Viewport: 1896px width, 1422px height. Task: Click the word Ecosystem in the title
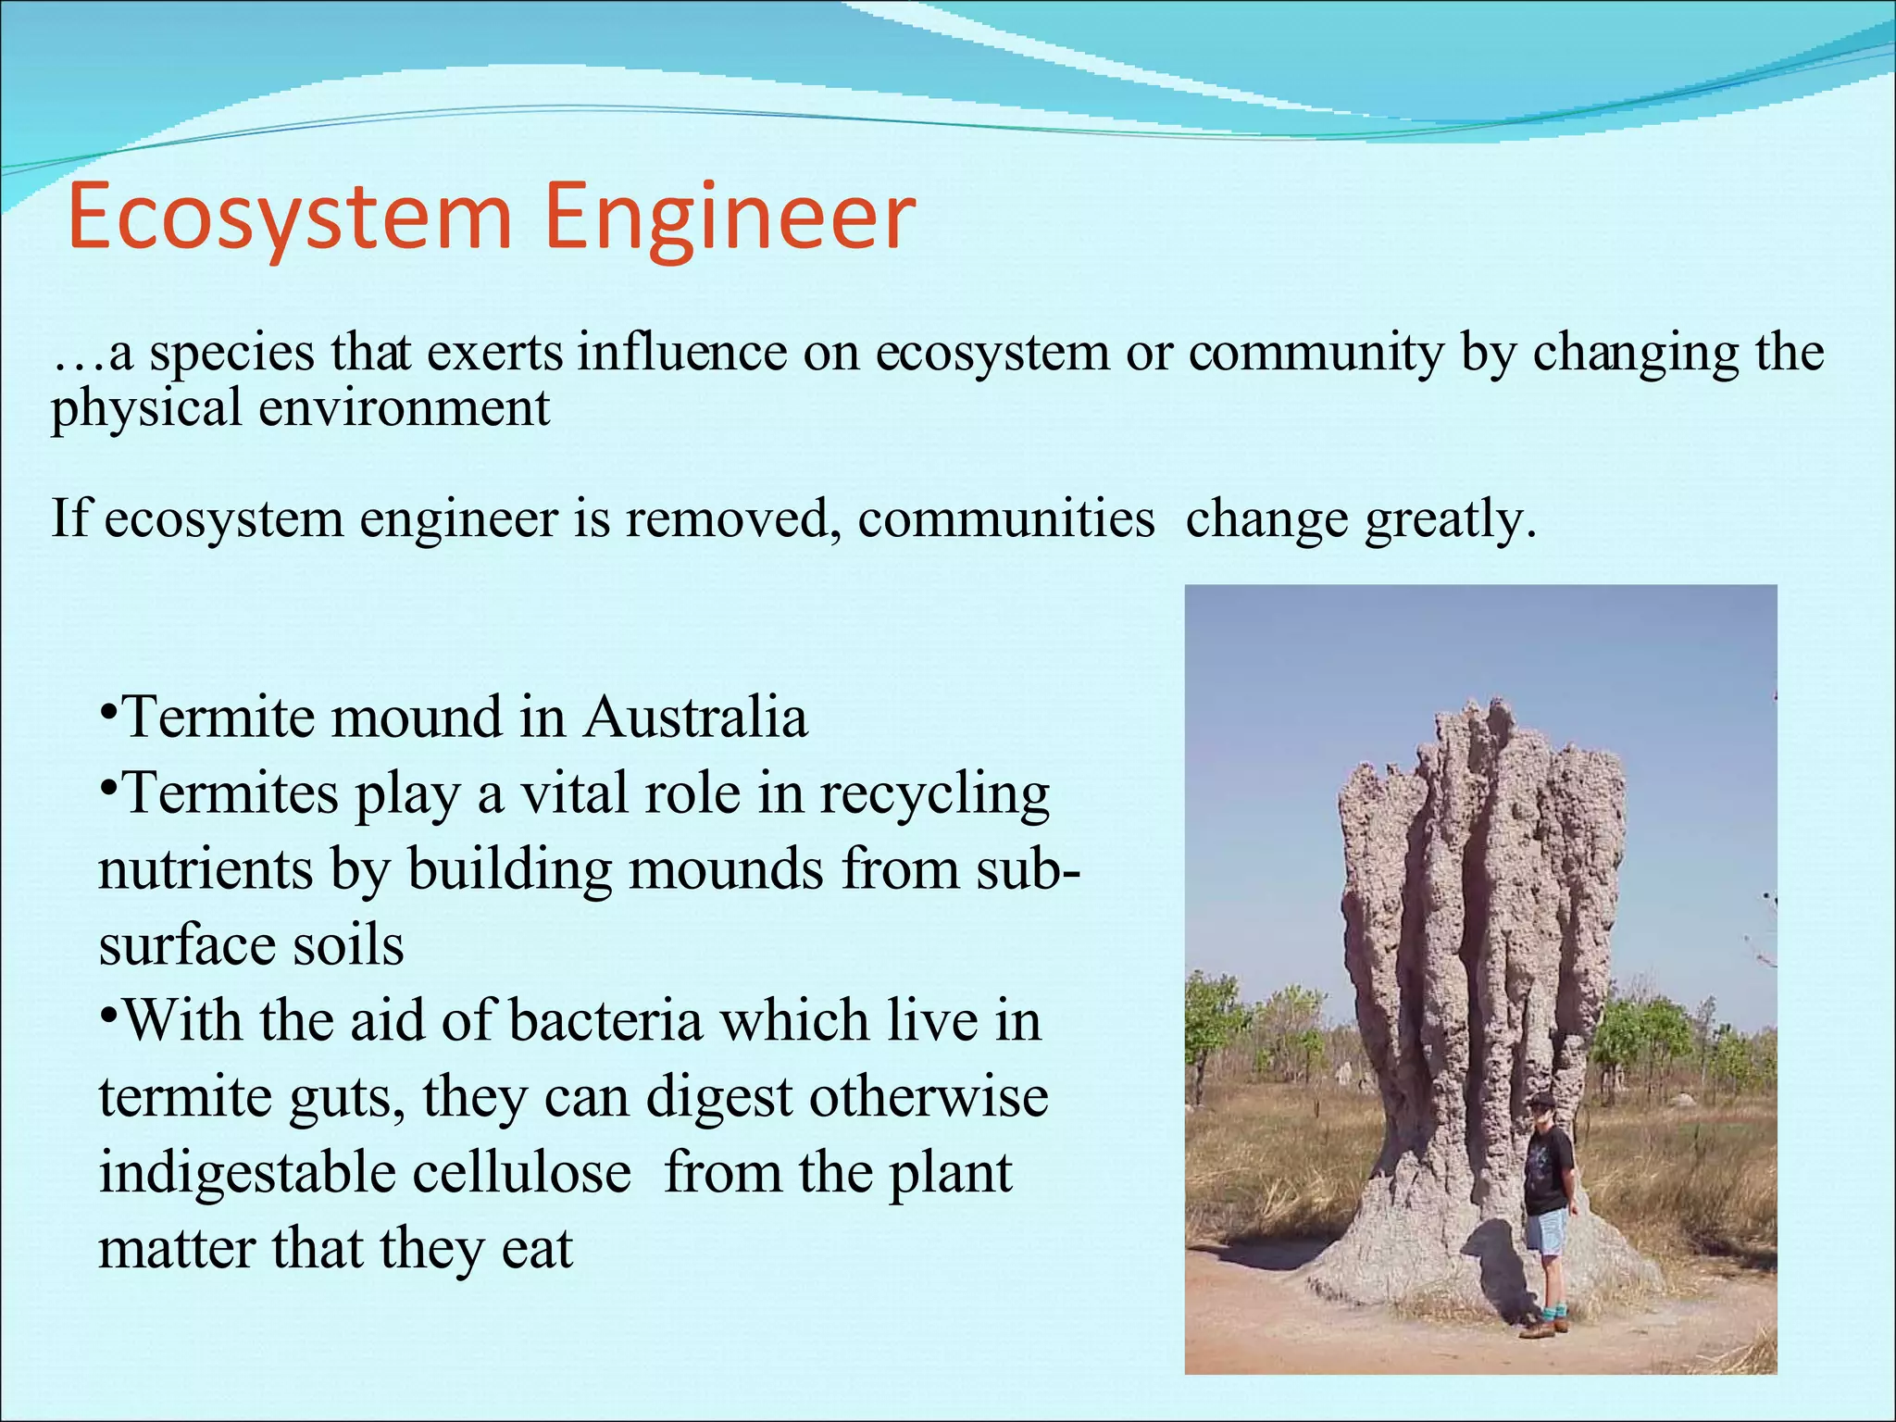[290, 218]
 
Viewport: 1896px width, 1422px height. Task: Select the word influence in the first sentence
[682, 353]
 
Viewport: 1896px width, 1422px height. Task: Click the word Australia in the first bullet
[694, 717]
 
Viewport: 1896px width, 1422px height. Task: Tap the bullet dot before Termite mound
[108, 714]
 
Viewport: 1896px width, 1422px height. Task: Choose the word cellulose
[521, 1173]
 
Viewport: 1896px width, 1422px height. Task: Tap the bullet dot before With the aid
[108, 1017]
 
